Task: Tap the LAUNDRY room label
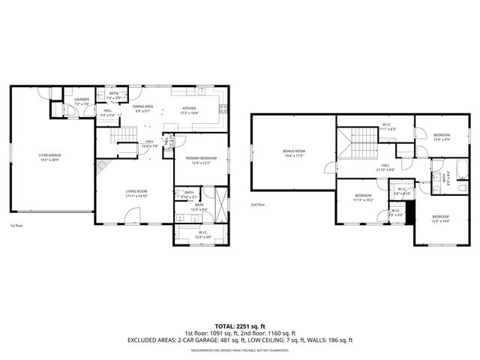[82, 101]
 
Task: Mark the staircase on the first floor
[125, 136]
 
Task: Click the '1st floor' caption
[16, 226]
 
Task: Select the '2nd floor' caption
[259, 204]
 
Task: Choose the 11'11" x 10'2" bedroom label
[364, 198]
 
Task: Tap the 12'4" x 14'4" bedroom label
[440, 219]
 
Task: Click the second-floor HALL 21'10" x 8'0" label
[385, 167]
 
